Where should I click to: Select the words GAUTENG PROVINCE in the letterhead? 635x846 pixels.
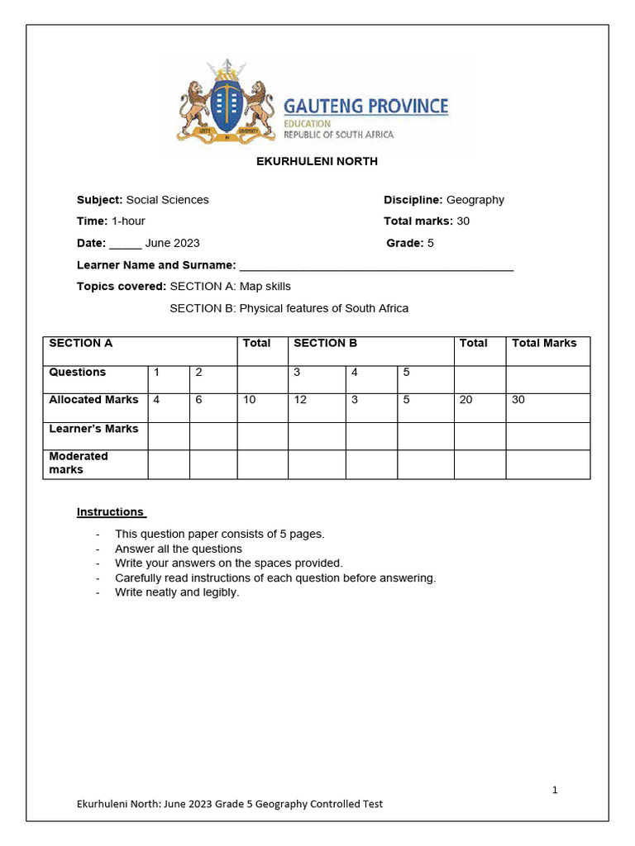click(365, 106)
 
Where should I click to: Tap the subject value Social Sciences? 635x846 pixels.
click(167, 200)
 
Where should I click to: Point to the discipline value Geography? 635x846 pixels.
click(475, 200)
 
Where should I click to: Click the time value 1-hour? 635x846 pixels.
click(128, 221)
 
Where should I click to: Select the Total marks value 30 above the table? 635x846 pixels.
click(463, 221)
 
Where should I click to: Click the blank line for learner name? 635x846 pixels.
click(376, 266)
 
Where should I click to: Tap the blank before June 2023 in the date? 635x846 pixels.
click(126, 245)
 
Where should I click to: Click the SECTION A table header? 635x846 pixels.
click(81, 344)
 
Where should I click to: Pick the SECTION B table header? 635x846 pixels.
click(325, 344)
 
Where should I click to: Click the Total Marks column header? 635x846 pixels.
click(544, 344)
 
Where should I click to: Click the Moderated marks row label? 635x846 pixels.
click(79, 463)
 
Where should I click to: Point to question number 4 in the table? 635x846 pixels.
click(355, 373)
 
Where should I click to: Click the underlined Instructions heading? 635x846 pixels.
click(111, 512)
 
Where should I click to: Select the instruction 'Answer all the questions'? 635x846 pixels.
click(179, 549)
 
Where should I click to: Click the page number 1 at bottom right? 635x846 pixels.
click(555, 790)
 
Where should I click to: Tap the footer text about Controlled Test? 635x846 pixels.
click(230, 804)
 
